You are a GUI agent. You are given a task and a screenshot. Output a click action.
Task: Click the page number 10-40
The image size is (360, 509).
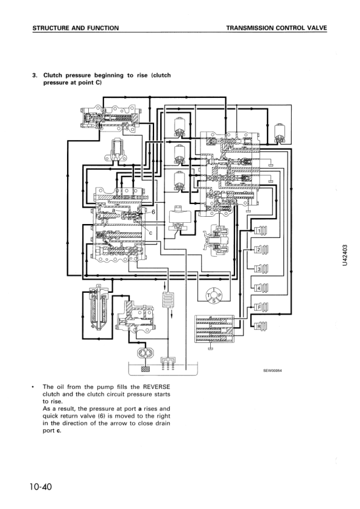(40, 487)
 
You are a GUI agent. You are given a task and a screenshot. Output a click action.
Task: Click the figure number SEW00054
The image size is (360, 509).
(272, 371)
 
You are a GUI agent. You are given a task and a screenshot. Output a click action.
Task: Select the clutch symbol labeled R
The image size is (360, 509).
(260, 325)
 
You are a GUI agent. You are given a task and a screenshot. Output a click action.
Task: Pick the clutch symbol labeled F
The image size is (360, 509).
(261, 307)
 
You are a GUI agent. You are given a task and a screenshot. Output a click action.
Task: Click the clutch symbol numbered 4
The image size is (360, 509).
(261, 287)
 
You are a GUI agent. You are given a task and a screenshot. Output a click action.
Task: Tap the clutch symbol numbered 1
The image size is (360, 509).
(261, 230)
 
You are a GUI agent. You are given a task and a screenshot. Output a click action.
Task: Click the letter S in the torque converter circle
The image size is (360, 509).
(214, 301)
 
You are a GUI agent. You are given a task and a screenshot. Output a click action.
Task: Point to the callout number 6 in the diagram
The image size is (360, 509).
(153, 212)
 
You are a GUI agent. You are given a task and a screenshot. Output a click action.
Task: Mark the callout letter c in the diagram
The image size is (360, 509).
(150, 232)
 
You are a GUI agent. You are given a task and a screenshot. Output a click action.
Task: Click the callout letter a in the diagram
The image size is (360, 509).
(114, 210)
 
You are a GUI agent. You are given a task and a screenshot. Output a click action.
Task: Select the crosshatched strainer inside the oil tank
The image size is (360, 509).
(145, 369)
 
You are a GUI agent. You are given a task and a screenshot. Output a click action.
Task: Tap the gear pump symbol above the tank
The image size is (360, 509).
(143, 353)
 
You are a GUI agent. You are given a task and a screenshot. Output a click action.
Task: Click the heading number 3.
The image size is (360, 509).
(34, 75)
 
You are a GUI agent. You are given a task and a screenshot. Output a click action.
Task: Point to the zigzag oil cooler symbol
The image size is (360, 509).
(168, 300)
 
